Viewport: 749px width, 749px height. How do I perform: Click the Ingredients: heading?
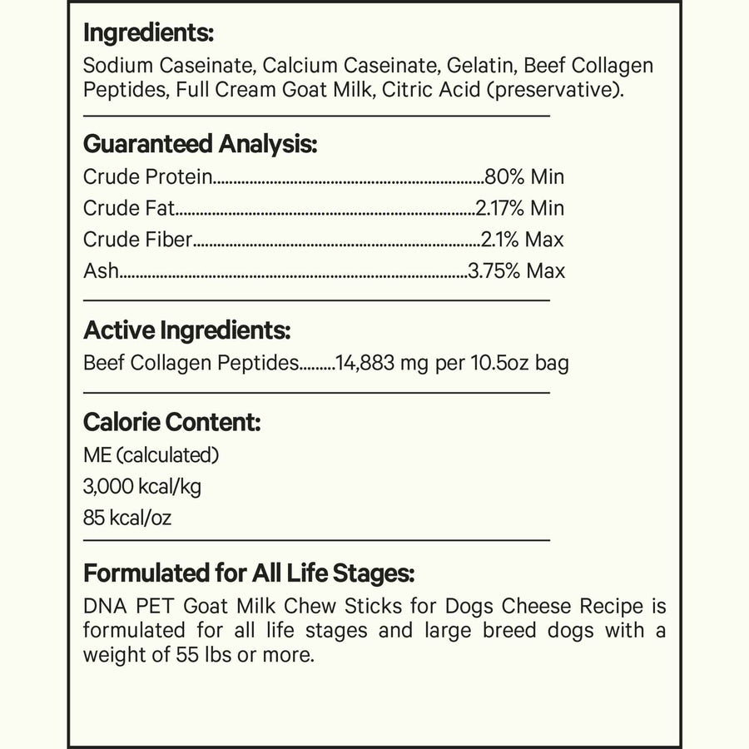(149, 34)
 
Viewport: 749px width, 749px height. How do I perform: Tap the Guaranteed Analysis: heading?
(200, 143)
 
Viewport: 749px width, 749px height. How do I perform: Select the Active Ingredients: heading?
(186, 330)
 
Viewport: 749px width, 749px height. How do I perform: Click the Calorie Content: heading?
(172, 422)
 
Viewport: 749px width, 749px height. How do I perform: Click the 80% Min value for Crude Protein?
(523, 176)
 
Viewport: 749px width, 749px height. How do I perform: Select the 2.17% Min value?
(519, 208)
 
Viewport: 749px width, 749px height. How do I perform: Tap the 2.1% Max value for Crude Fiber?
(523, 240)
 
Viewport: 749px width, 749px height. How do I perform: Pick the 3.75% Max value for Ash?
(516, 271)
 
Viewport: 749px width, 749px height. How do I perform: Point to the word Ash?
(101, 271)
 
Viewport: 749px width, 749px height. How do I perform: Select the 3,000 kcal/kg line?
(142, 487)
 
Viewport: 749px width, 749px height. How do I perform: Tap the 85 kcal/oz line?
(127, 518)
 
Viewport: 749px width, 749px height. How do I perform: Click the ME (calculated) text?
(151, 455)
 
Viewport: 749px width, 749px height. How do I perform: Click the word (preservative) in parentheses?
(555, 89)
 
